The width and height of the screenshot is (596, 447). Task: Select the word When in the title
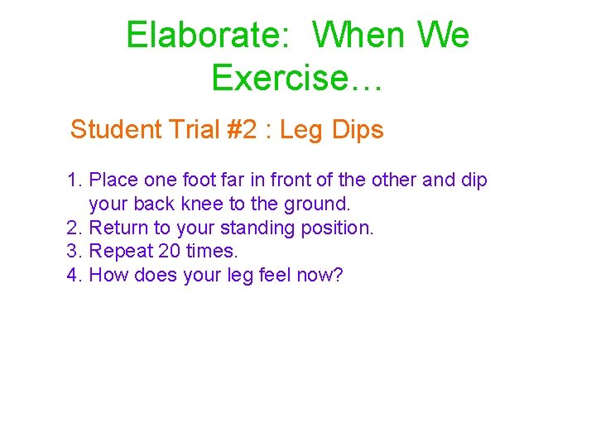[359, 36]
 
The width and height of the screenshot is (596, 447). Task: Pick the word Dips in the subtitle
[357, 130]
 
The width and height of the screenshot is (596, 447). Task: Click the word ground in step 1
[313, 204]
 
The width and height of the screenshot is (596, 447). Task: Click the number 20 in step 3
[170, 251]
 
